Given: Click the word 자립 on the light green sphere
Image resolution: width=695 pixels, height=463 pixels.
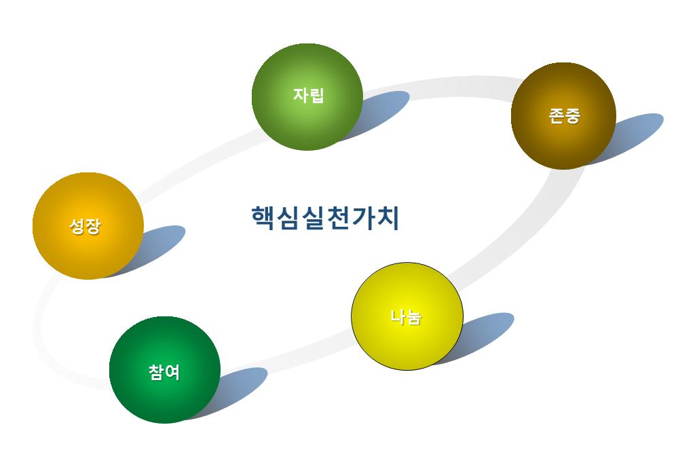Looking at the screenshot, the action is [x=309, y=95].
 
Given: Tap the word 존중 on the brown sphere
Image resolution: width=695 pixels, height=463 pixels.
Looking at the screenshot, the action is [x=564, y=116].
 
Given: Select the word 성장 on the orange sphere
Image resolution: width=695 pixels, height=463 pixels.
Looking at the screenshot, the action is [x=85, y=226].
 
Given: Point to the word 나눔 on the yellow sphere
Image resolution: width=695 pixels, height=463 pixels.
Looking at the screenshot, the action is [x=406, y=316].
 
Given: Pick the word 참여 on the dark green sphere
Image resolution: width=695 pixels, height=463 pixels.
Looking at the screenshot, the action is [x=164, y=372].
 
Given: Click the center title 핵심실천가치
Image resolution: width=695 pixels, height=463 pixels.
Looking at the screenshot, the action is [x=325, y=218].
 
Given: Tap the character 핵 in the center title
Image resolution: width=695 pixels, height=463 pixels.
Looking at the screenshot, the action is [x=263, y=218].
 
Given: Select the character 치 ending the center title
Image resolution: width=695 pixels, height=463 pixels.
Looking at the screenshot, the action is [x=388, y=218].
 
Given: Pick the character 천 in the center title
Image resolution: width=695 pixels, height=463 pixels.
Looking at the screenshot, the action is [x=338, y=218].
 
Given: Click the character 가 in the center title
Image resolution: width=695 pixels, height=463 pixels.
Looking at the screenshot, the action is [x=363, y=218].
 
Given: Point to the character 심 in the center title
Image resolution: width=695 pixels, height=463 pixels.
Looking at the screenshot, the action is [x=288, y=218].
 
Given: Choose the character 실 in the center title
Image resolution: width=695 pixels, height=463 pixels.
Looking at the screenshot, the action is [x=313, y=218].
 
